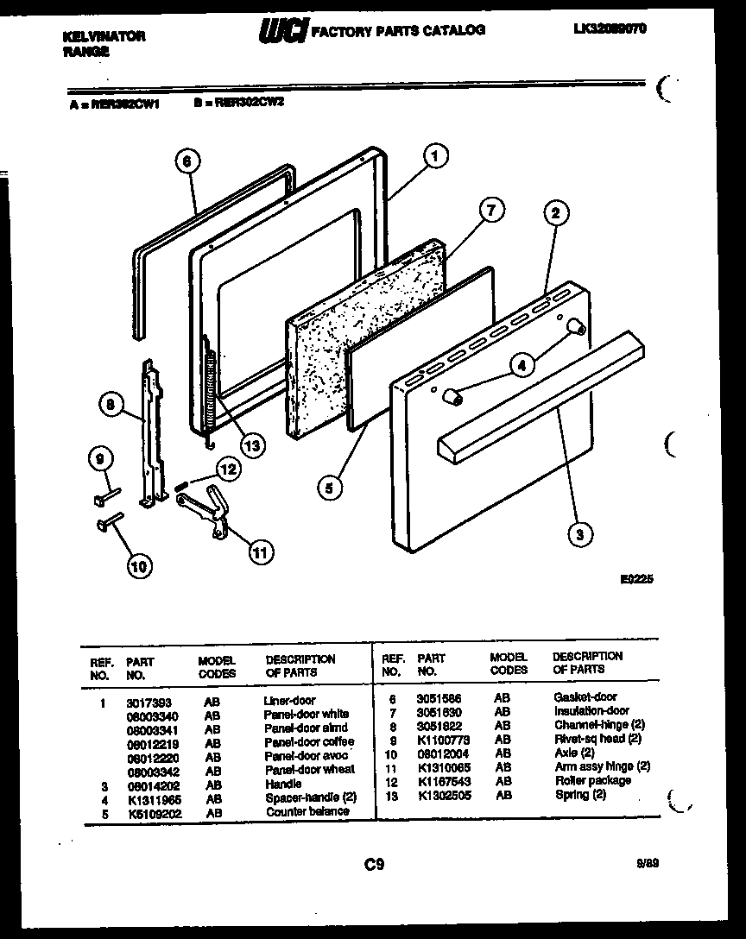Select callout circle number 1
436,156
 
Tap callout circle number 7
490,210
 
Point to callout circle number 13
251,445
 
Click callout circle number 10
138,566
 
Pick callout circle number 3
580,535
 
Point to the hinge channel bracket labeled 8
152,432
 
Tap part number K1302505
443,794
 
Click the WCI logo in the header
281,32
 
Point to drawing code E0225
636,580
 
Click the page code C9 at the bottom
373,864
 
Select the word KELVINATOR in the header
104,36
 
